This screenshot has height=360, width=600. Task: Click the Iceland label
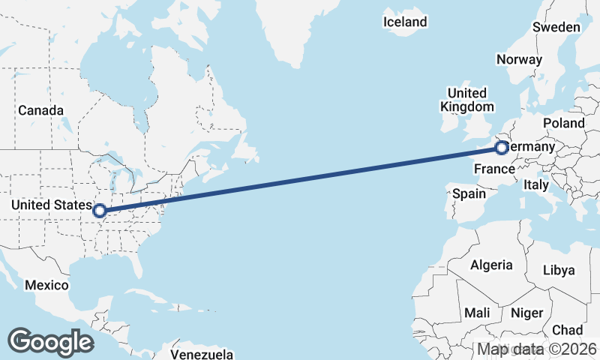(405, 22)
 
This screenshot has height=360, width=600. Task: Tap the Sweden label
(556, 27)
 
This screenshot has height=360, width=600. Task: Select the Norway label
(519, 59)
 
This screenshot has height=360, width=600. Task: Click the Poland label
(564, 122)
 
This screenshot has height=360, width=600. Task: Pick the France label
(493, 169)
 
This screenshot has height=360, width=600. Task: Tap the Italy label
(536, 184)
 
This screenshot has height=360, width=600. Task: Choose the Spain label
(469, 193)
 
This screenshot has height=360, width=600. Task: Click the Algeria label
(491, 265)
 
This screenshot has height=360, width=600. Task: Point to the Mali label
(477, 312)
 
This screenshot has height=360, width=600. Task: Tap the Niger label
(526, 312)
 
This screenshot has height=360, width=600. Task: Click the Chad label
(567, 330)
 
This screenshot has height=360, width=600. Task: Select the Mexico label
(46, 285)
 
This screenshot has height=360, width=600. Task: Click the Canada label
(41, 110)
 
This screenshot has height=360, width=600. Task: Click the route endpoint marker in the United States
(99, 211)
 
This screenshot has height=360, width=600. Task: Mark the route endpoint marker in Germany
(502, 148)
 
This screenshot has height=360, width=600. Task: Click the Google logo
(50, 341)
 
